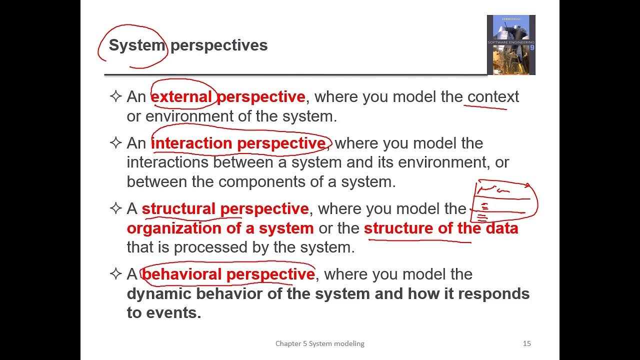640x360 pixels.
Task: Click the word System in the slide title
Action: coord(136,45)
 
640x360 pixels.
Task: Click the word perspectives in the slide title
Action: coord(219,45)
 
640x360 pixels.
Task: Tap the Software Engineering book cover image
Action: coord(511,45)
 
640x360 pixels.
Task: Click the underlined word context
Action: coord(493,96)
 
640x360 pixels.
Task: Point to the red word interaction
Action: coord(192,143)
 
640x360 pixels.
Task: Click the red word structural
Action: coord(178,208)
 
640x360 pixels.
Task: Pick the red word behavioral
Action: coord(182,274)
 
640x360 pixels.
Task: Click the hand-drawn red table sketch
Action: coord(505,202)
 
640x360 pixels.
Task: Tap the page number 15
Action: coord(526,343)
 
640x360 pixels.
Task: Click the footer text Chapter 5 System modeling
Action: coord(319,343)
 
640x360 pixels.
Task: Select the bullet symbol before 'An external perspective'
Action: coord(115,96)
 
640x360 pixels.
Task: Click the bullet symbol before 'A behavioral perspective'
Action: coord(115,273)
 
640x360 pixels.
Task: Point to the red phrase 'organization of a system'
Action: coord(220,228)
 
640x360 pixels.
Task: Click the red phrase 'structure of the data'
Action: coord(440,228)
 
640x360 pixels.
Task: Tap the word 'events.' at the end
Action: coord(173,312)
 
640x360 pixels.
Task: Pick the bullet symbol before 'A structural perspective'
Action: coord(115,208)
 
